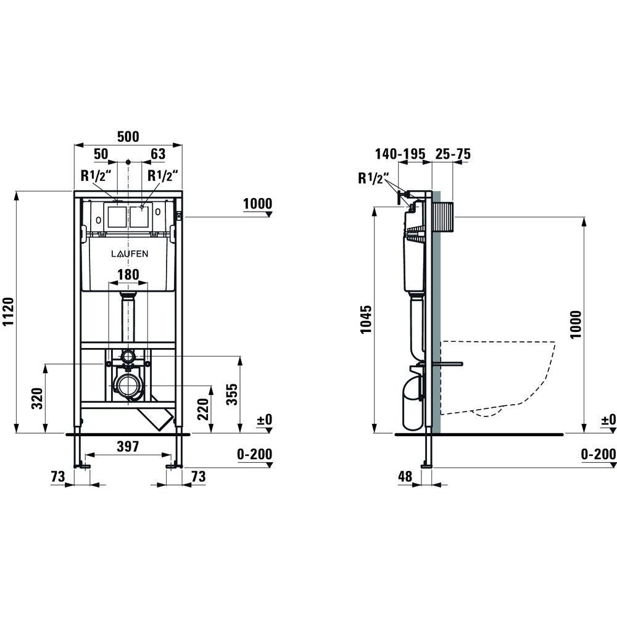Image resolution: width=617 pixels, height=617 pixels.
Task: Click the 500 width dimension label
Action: click(128, 136)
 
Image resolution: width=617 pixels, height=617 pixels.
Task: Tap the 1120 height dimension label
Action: click(8, 312)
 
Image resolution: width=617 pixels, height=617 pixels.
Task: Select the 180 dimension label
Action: click(128, 275)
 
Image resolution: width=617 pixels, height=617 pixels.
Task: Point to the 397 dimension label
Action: click(128, 446)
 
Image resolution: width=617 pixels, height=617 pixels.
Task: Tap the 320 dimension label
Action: click(37, 398)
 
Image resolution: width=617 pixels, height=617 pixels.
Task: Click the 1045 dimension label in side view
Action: click(366, 319)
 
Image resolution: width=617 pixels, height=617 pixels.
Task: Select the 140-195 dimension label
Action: click(400, 154)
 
